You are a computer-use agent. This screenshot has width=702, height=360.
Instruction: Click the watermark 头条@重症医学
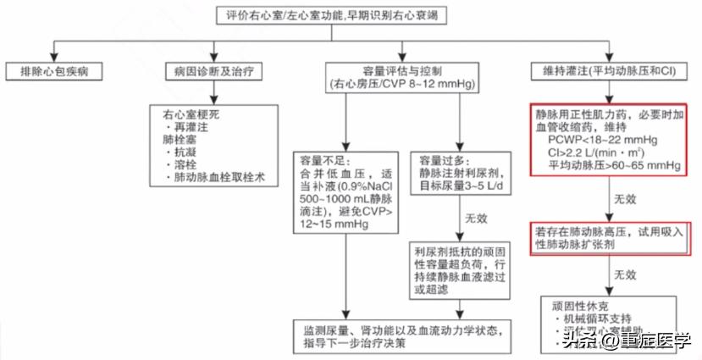625,340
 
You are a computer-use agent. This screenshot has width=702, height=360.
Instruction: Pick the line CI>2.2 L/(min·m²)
595,152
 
